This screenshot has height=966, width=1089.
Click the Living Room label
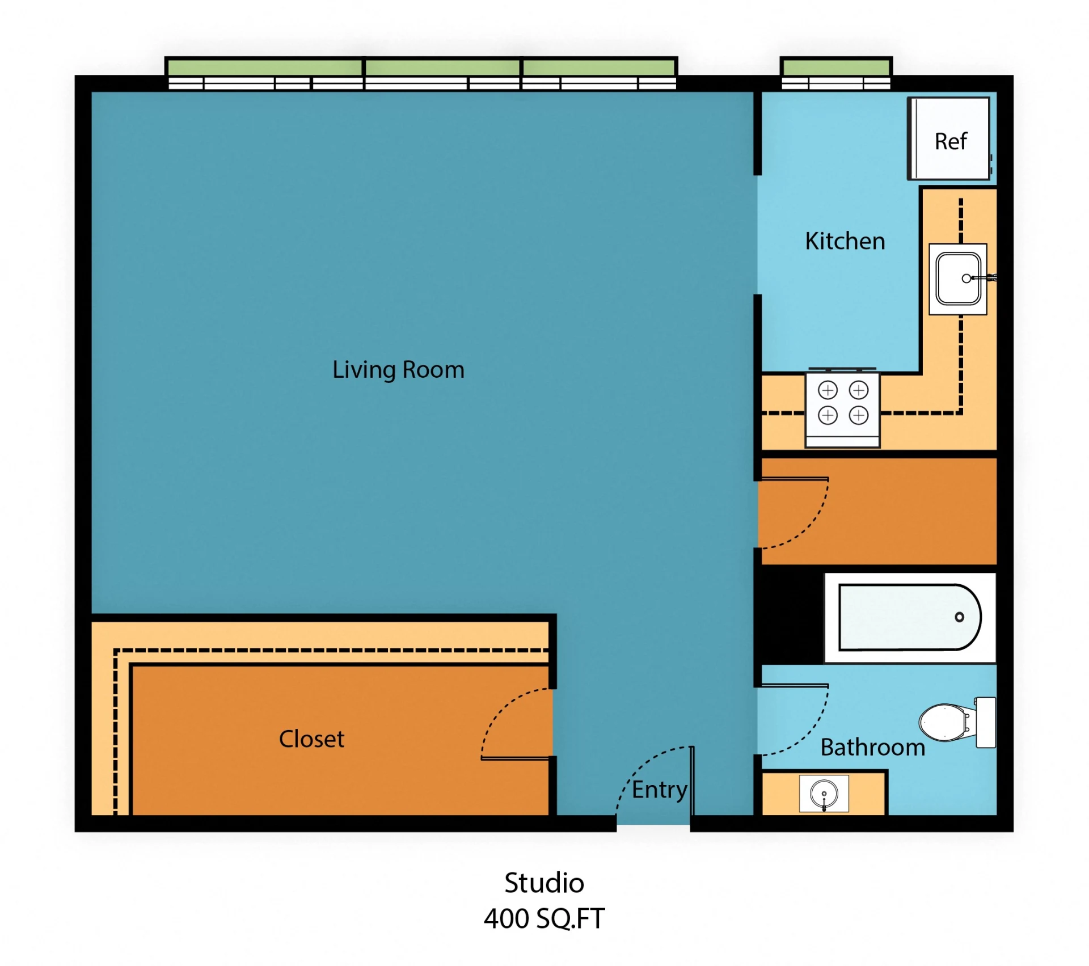(x=398, y=370)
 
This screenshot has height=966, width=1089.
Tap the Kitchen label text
(x=845, y=241)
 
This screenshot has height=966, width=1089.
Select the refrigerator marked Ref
(x=950, y=140)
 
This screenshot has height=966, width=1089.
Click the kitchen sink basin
(x=957, y=279)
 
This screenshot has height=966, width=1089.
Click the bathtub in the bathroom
(x=909, y=617)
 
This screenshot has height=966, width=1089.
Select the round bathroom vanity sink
(x=824, y=793)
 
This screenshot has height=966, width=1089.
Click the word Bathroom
(x=872, y=748)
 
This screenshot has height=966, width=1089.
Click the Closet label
(x=311, y=739)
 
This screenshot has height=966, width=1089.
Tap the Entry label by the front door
(x=659, y=790)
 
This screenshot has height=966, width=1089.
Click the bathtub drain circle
(x=959, y=617)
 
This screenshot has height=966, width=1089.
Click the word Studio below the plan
(x=544, y=883)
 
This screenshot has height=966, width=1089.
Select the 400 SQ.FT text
(x=544, y=919)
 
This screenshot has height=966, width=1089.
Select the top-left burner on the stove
(x=828, y=390)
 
